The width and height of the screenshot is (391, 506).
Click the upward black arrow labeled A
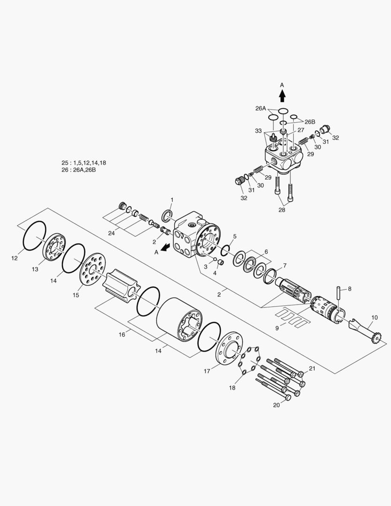pyautogui.click(x=282, y=96)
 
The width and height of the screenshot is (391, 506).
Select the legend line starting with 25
pyautogui.click(x=84, y=163)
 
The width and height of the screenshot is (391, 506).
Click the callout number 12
pyautogui.click(x=15, y=258)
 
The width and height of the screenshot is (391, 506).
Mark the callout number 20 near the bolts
pyautogui.click(x=276, y=405)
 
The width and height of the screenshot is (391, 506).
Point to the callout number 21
pyautogui.click(x=312, y=369)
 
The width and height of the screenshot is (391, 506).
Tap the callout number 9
pyautogui.click(x=277, y=328)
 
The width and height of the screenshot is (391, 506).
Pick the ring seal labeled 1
pyautogui.click(x=167, y=216)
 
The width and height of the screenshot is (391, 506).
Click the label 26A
pyautogui.click(x=261, y=108)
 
